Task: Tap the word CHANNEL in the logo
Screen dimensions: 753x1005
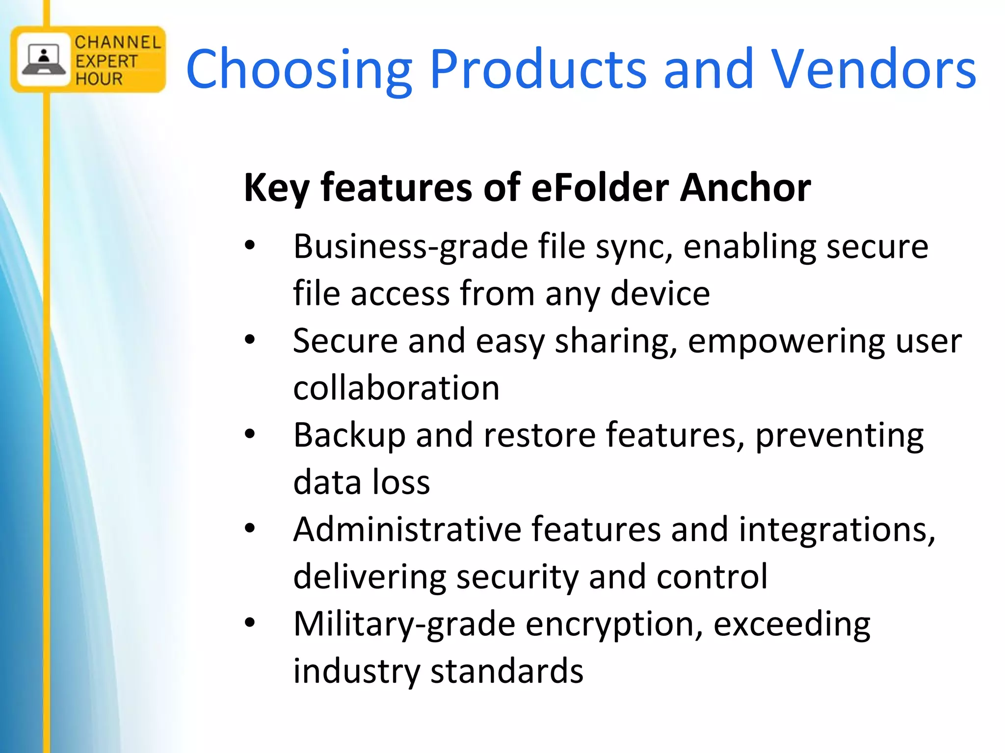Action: [x=118, y=42]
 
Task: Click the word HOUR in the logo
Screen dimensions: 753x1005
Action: [x=99, y=78]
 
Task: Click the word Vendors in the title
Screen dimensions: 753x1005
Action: [x=874, y=70]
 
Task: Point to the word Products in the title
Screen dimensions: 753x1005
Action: [x=538, y=70]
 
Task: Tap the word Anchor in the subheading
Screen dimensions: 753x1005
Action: [x=745, y=187]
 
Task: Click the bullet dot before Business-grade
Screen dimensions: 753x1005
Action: [x=250, y=246]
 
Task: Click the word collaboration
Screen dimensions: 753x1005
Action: [x=396, y=388]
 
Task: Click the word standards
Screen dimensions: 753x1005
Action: [x=507, y=671]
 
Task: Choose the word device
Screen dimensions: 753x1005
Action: [x=660, y=293]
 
